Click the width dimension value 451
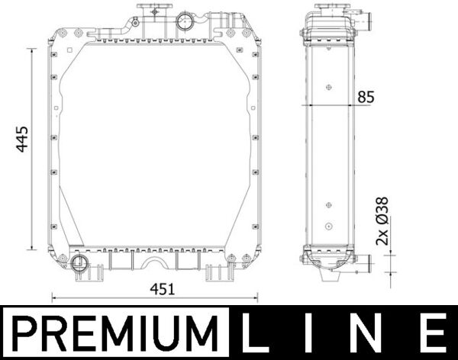tap(163, 289)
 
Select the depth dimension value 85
tap(366, 97)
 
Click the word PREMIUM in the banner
tap(114, 334)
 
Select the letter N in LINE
tap(372, 334)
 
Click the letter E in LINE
tap(431, 334)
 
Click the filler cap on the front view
tap(152, 11)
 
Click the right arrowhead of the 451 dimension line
tap(258, 298)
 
